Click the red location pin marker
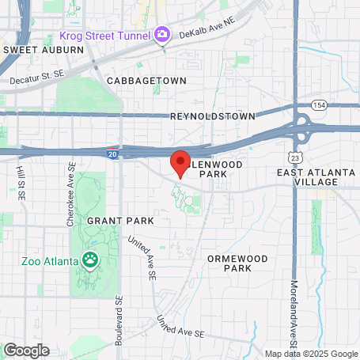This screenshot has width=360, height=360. tap(180, 162)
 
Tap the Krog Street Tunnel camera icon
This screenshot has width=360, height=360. tap(162, 35)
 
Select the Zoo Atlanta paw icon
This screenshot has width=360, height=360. tap(92, 260)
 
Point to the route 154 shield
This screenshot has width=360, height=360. tap(319, 105)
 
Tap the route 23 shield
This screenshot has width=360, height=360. tap(294, 157)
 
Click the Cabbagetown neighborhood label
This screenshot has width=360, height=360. tap(146, 81)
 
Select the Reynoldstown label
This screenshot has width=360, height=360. tap(213, 116)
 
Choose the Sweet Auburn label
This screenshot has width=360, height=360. tap(44, 49)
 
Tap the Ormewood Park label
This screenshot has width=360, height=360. tap(229, 263)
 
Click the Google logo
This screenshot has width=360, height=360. tap(26, 350)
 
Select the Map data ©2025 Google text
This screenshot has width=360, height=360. tap(311, 354)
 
